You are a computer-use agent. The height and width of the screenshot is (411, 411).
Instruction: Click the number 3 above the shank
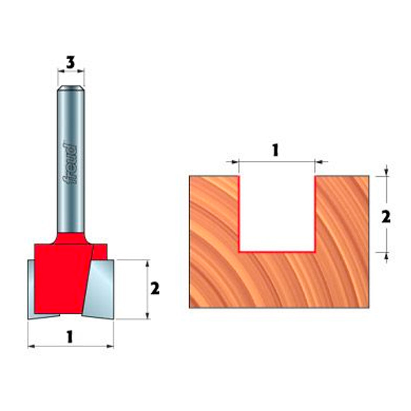click(x=71, y=63)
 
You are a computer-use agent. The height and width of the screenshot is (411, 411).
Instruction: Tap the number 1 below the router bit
click(x=70, y=337)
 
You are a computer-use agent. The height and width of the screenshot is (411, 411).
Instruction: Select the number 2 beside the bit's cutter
click(x=155, y=289)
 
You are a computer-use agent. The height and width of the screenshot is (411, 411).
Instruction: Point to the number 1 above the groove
click(x=275, y=150)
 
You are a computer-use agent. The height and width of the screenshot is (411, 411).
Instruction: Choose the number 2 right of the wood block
click(x=386, y=217)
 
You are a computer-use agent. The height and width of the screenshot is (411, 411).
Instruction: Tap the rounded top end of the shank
click(x=71, y=88)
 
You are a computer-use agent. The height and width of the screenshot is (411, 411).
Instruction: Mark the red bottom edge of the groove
click(x=277, y=251)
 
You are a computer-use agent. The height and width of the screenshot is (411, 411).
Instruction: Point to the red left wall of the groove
click(x=239, y=214)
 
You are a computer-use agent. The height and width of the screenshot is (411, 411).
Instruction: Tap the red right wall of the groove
click(x=315, y=214)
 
